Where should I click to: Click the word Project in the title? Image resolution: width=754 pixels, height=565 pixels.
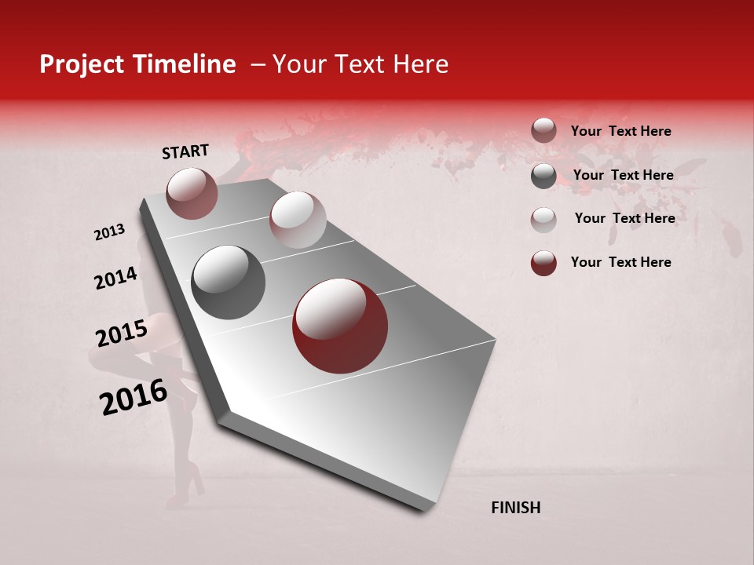80,65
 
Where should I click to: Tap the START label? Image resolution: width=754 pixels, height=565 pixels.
185,151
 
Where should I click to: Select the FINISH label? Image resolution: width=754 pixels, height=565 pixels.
515,508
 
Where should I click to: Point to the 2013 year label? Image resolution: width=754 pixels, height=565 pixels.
109,232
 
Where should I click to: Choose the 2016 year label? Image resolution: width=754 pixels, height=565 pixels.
134,397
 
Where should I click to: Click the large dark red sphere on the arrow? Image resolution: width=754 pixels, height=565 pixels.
340,326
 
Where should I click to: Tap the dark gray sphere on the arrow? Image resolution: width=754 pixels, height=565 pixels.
228,282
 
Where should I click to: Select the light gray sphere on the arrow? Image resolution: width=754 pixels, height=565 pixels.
298,220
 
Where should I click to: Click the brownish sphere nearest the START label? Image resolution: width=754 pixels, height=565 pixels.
192,193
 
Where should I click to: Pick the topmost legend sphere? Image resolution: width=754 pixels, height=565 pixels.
544,131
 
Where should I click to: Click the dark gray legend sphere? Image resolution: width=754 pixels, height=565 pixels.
544,176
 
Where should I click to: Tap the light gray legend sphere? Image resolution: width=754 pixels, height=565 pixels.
544,219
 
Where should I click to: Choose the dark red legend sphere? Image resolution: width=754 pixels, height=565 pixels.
544,263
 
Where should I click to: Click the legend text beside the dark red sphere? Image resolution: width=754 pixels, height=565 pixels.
620,262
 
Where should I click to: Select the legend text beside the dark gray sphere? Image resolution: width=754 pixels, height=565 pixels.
623,175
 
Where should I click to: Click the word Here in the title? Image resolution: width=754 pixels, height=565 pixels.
420,64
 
